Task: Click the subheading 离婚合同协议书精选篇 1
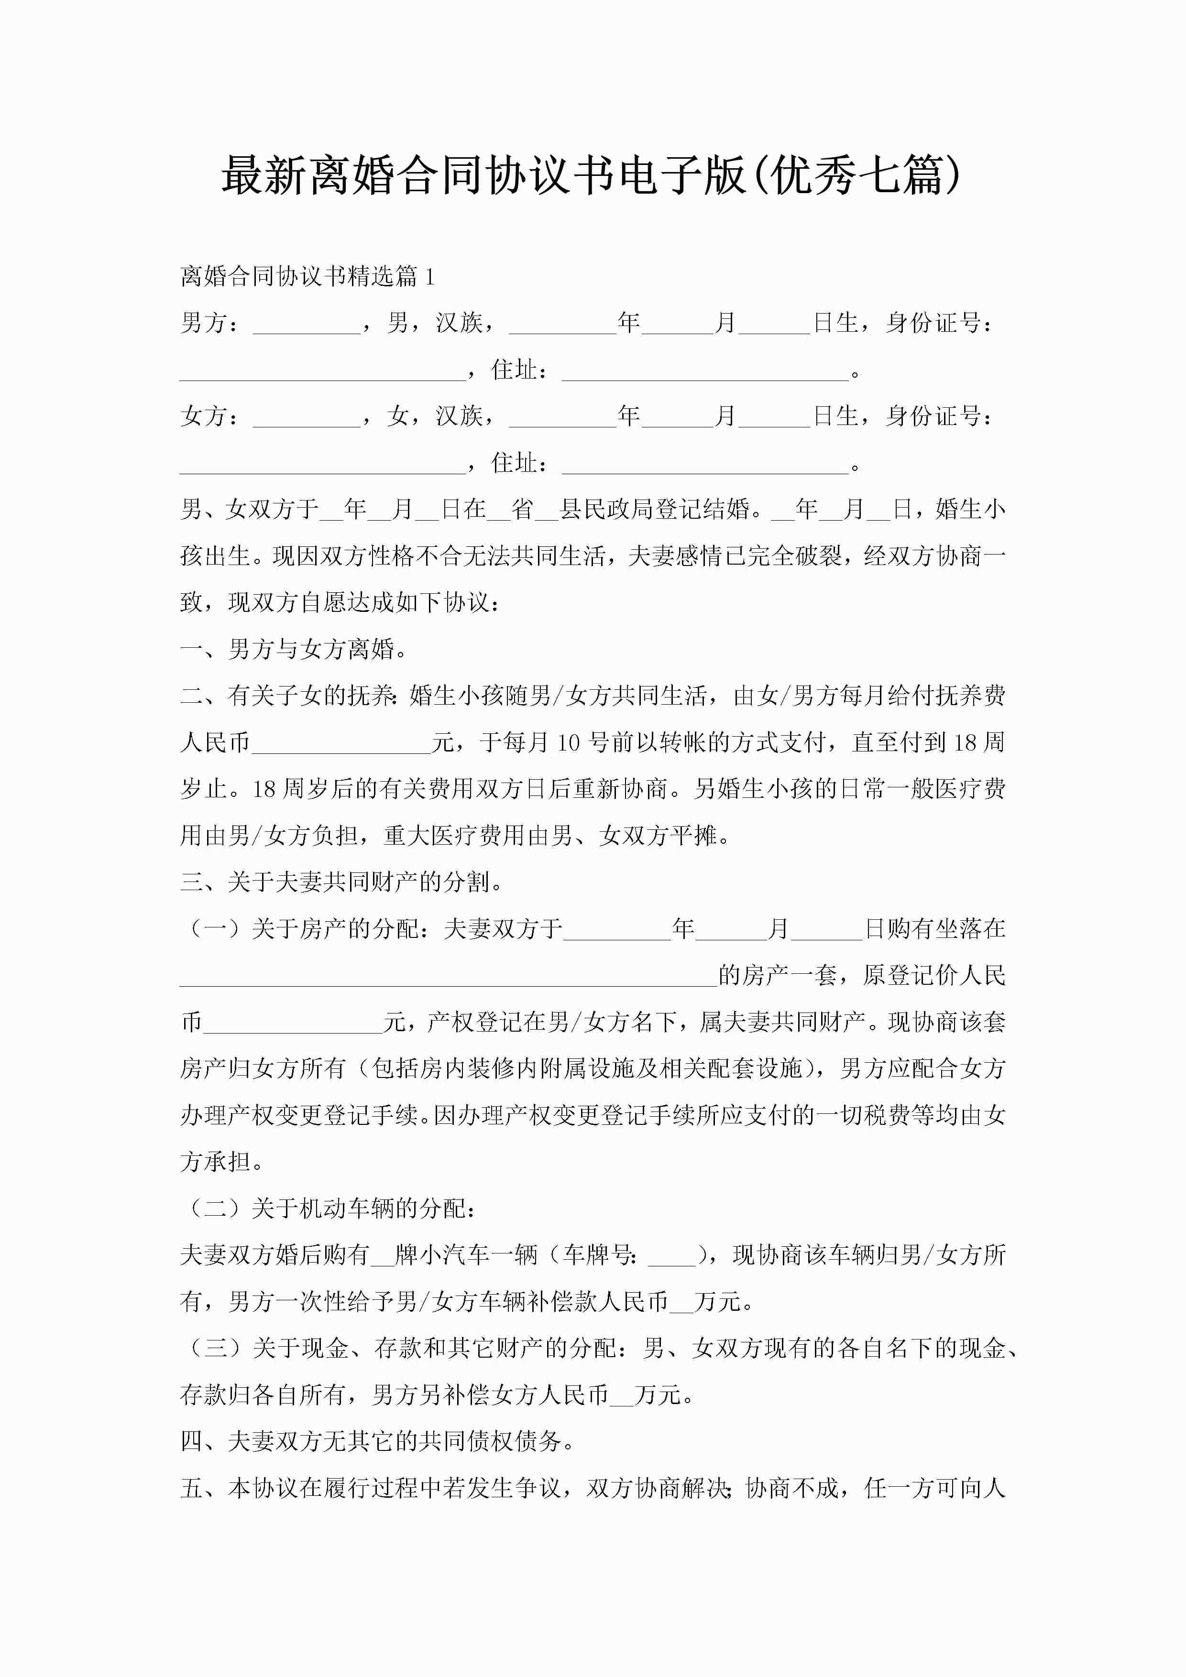(x=307, y=276)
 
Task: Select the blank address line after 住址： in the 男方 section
(x=705, y=372)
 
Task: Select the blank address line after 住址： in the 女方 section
(x=705, y=465)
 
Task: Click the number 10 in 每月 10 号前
(x=568, y=743)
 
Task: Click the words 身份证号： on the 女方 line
(x=940, y=416)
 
